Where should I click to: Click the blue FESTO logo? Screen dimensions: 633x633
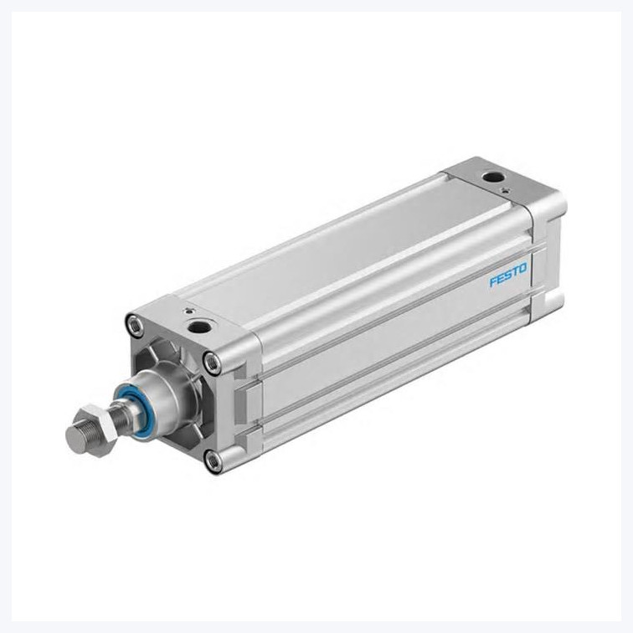click(x=508, y=275)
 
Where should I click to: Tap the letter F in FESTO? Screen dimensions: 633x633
click(x=493, y=281)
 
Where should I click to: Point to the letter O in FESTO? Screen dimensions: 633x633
click(x=523, y=269)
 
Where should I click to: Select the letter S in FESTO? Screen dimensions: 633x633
click(x=508, y=275)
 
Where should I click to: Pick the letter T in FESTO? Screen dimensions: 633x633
click(x=516, y=271)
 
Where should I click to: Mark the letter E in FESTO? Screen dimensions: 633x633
click(x=501, y=278)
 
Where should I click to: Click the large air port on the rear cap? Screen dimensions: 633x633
click(x=492, y=177)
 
